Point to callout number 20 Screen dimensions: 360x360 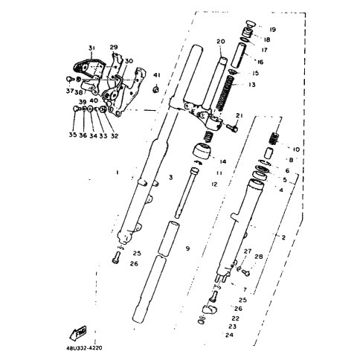(x=220, y=42)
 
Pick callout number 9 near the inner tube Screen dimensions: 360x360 (x=188, y=248)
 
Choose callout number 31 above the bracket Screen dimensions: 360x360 (x=91, y=48)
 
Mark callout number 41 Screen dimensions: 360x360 (x=156, y=75)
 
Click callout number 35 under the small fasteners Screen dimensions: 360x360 (x=73, y=135)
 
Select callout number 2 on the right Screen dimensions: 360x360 (x=283, y=237)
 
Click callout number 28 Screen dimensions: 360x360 (x=259, y=257)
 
